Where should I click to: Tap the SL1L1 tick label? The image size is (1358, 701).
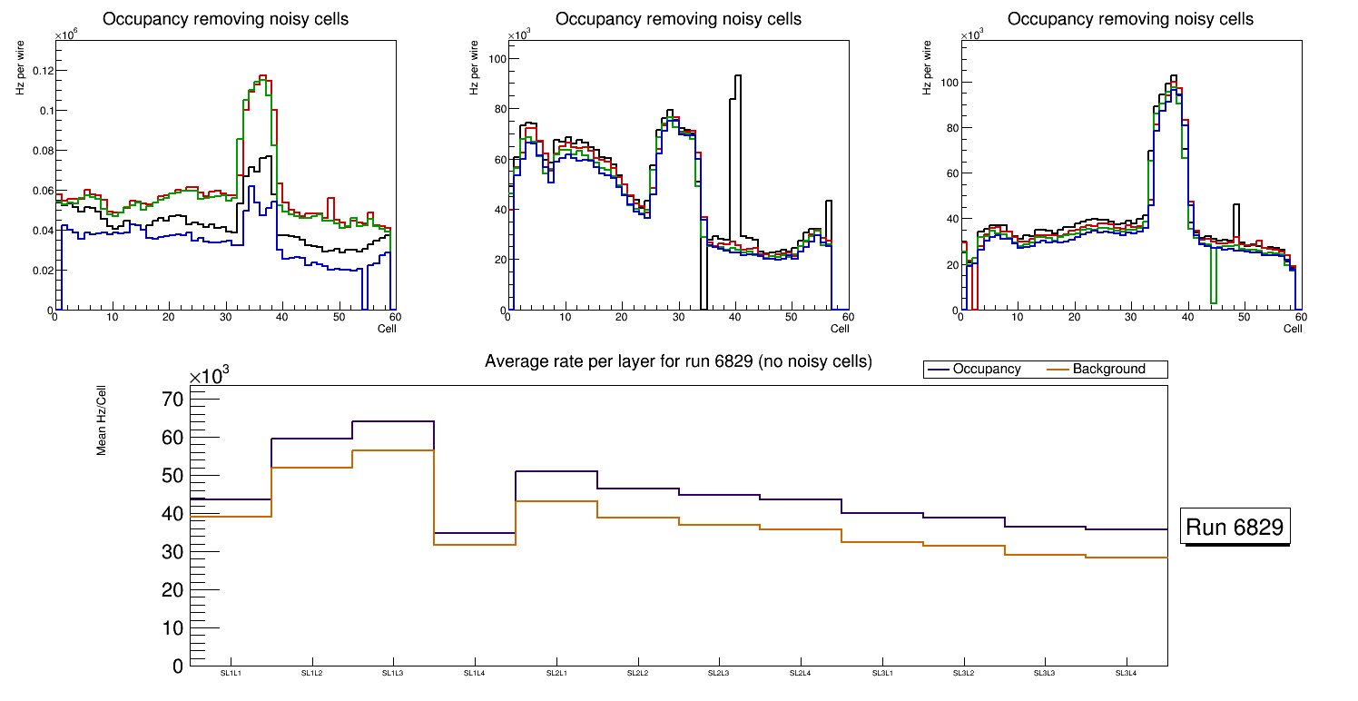(x=231, y=674)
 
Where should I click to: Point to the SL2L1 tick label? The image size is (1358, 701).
(x=556, y=674)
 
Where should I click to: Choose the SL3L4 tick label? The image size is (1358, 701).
(x=1127, y=674)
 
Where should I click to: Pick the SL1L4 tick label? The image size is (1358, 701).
(x=475, y=674)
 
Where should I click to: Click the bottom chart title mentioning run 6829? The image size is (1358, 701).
(x=678, y=361)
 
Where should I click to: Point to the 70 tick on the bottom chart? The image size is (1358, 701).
(x=172, y=400)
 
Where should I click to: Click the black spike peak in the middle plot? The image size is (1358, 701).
(x=738, y=76)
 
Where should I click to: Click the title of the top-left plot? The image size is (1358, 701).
(x=225, y=19)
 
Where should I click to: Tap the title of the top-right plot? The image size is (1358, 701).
(x=1130, y=19)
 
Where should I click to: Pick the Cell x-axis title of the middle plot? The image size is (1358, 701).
(x=840, y=329)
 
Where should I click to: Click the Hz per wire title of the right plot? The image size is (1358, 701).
(x=928, y=65)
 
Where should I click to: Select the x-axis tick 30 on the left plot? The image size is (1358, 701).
(x=225, y=317)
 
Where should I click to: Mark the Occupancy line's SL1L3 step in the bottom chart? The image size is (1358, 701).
(x=393, y=421)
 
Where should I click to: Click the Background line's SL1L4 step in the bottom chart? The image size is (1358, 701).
(x=475, y=545)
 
